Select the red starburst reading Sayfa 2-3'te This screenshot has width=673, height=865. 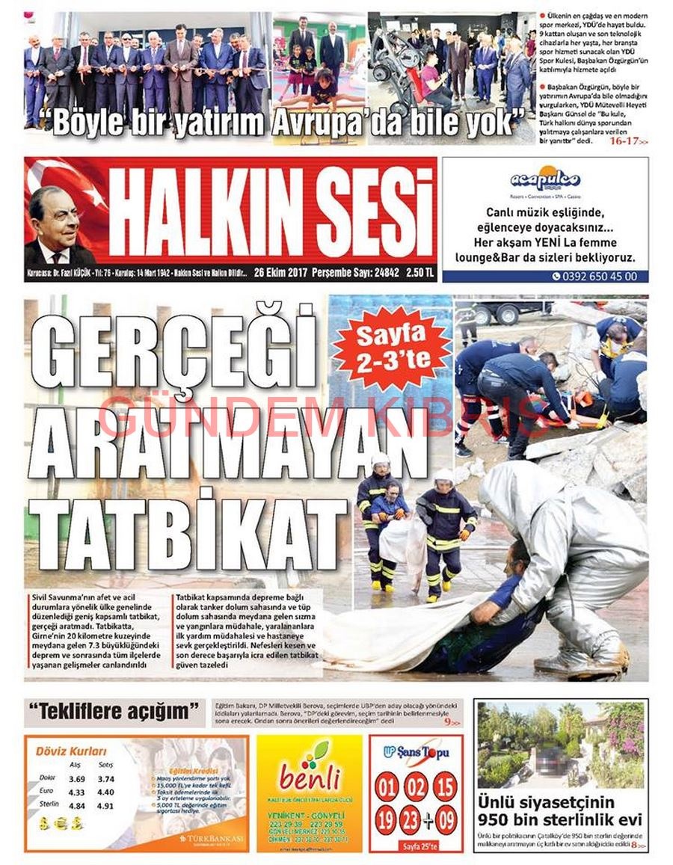click(391, 348)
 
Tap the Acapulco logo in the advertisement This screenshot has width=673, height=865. click(544, 180)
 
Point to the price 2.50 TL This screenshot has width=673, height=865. click(419, 271)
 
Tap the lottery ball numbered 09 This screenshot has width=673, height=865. click(446, 821)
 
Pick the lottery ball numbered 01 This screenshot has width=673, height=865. click(387, 787)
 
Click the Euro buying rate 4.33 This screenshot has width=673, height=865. click(76, 792)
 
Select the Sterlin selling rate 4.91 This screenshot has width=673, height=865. click(105, 806)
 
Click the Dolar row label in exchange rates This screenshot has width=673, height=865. click(47, 778)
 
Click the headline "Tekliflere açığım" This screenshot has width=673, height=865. click(114, 711)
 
